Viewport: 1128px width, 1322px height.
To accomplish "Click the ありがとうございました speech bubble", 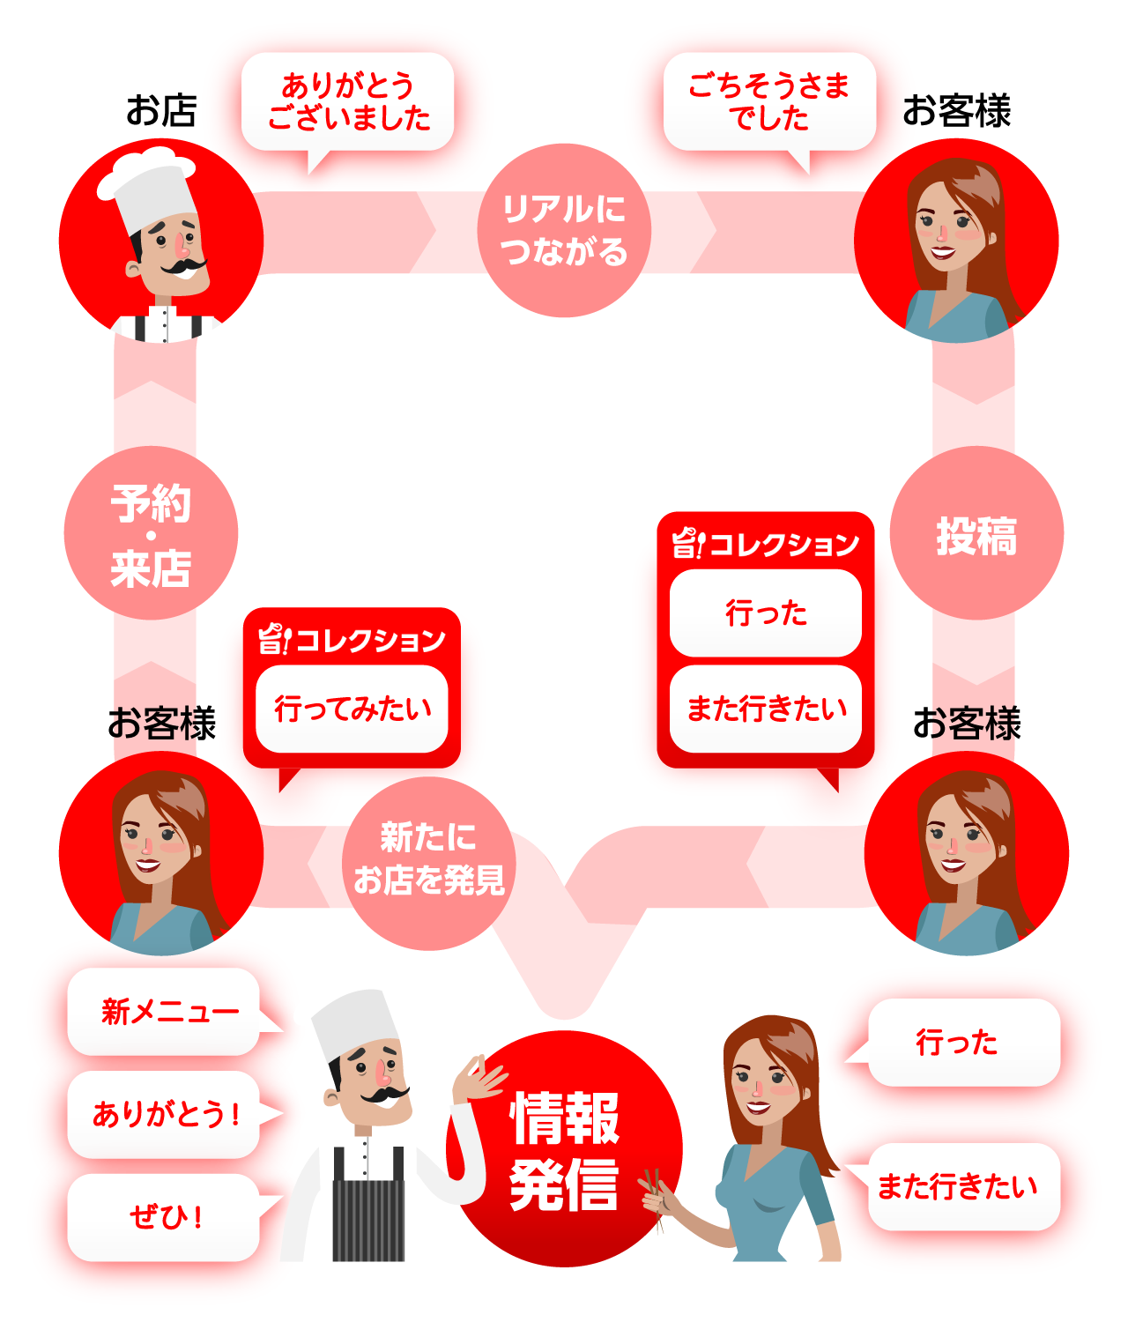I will tap(347, 101).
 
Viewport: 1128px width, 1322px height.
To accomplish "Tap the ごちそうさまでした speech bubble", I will tap(769, 101).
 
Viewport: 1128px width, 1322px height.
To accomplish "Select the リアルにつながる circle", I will tap(564, 230).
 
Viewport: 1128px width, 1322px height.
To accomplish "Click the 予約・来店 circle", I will tap(151, 533).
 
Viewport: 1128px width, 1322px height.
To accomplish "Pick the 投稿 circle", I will tap(976, 533).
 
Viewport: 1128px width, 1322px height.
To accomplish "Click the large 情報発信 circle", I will tap(565, 1149).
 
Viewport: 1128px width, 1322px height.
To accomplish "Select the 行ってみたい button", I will tap(352, 709).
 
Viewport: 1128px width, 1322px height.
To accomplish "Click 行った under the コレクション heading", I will tap(766, 613).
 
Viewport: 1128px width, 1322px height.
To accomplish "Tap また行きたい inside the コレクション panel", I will tap(766, 709).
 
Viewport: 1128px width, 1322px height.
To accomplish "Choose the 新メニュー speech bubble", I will tap(164, 1011).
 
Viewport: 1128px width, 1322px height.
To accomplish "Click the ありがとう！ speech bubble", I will tap(164, 1114).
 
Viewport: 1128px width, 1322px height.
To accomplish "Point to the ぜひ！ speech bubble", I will tap(164, 1217).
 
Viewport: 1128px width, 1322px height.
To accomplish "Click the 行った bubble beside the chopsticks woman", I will tap(963, 1043).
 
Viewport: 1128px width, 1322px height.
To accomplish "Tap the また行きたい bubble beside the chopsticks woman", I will tap(963, 1187).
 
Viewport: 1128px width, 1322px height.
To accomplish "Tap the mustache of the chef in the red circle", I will tap(184, 265).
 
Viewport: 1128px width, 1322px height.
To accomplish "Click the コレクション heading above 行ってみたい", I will tap(352, 639).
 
